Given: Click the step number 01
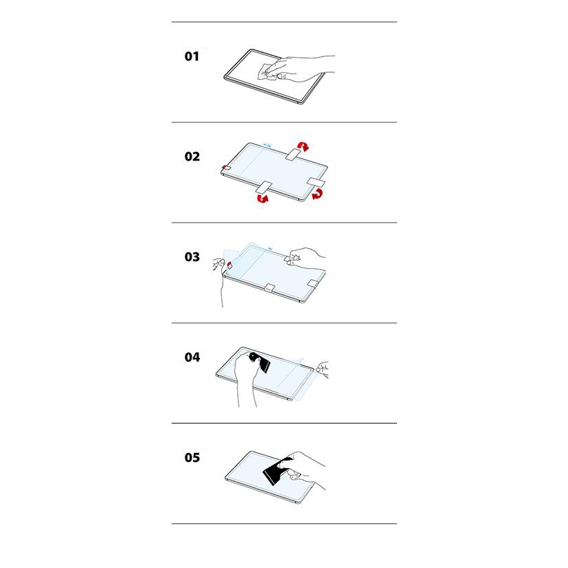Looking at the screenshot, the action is [192, 57].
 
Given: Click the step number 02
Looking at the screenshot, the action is [192, 156].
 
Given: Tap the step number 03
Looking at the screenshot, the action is [192, 257].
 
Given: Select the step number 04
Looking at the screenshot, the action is [192, 357].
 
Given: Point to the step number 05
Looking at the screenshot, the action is [192, 458].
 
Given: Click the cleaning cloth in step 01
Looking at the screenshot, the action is [267, 72].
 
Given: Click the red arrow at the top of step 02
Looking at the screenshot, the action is [303, 146].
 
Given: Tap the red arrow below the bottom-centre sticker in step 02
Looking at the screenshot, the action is [262, 198].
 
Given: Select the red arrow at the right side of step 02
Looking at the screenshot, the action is [317, 194].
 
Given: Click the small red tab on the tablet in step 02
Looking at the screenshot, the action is [226, 168].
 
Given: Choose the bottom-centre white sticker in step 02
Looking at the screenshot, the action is [263, 187].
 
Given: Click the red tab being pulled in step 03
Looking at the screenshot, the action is [230, 265].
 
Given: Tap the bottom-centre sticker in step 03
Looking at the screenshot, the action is [270, 287].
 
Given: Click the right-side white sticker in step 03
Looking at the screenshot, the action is [313, 283].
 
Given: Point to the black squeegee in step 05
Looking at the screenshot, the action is [276, 471].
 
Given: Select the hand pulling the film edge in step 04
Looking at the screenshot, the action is [322, 369].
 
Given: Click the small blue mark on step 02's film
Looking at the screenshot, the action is [267, 145].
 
